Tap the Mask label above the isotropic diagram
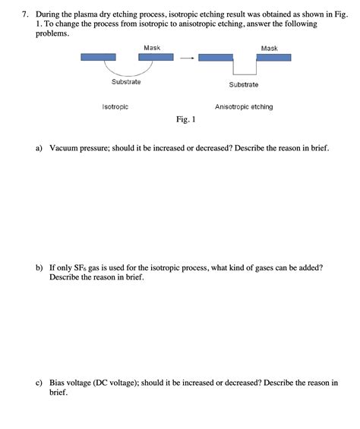tap(151, 48)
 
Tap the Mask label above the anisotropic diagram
tap(269, 48)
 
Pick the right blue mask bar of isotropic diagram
tap(156, 57)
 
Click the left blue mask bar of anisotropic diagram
tap(216, 57)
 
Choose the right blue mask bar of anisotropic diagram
tap(273, 57)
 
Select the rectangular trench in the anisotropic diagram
tap(244, 66)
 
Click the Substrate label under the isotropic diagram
tap(126, 82)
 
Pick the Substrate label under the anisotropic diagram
tap(243, 84)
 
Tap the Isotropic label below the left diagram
tap(115, 107)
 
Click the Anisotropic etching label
tap(244, 107)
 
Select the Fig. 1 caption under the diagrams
tap(186, 119)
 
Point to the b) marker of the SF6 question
tap(39, 268)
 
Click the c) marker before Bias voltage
tap(39, 383)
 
